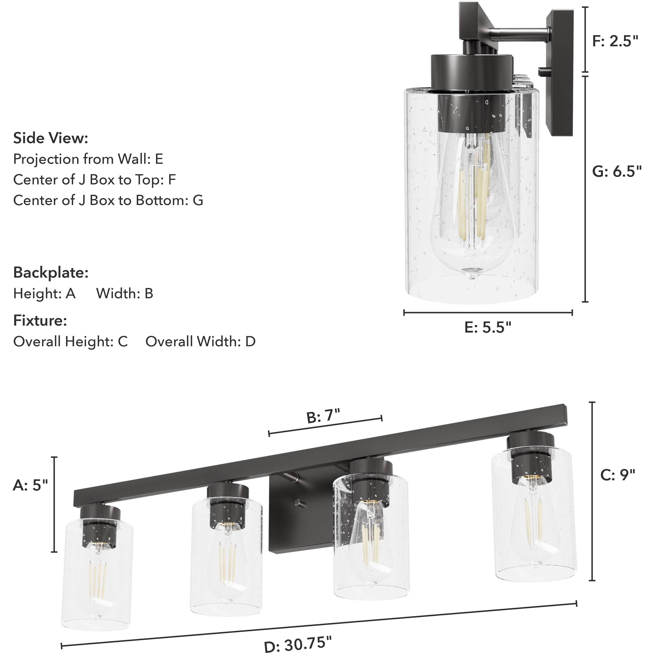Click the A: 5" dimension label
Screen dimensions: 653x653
tap(31, 486)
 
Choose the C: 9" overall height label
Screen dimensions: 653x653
tap(617, 475)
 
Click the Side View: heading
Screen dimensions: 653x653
tap(51, 138)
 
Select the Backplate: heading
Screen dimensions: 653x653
tap(51, 272)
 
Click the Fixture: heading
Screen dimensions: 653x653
tap(40, 320)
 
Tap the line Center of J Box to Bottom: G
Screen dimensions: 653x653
tap(108, 201)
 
